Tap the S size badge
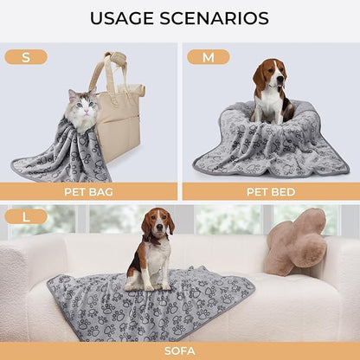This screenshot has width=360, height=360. pyautogui.click(x=26, y=57)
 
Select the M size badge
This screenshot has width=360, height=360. pyautogui.click(x=209, y=57)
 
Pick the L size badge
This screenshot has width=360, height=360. pyautogui.click(x=26, y=216)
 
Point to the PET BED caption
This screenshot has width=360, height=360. pyautogui.click(x=270, y=191)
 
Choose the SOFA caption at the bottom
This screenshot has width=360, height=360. pyautogui.click(x=180, y=350)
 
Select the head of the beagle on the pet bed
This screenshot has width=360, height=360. pyautogui.click(x=269, y=78)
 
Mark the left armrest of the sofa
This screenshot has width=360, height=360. pyautogui.click(x=22, y=277)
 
